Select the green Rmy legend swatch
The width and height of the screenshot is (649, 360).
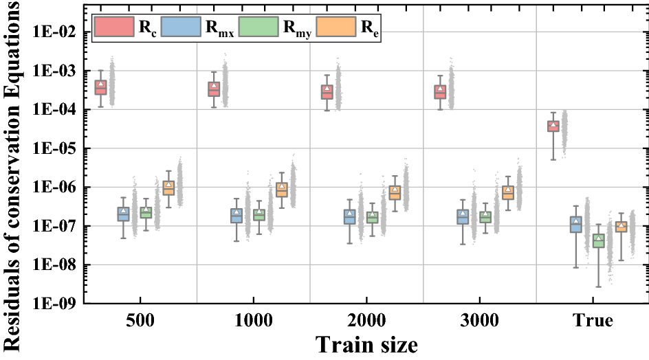[x=263, y=27]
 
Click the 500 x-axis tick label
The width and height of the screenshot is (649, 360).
[x=140, y=322]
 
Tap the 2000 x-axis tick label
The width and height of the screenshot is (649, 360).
[x=366, y=322]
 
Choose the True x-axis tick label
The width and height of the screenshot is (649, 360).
[x=592, y=322]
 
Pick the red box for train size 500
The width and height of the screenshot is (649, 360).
[x=101, y=87]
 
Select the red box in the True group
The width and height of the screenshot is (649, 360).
[x=553, y=126]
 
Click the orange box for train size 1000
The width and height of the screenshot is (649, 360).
[x=281, y=190]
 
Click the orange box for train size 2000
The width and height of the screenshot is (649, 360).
[x=395, y=192]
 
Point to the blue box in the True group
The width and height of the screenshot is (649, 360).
[x=576, y=225]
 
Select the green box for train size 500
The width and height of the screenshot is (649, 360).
[x=146, y=213]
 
